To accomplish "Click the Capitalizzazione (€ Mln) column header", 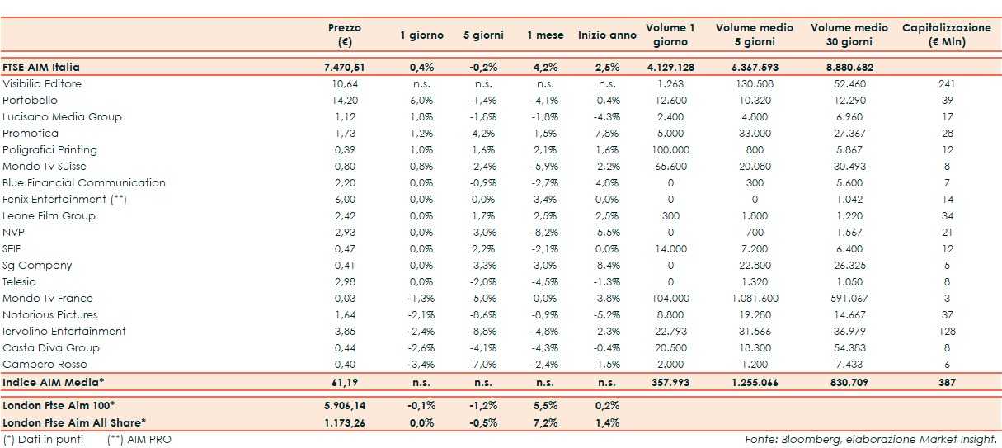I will [x=946, y=35].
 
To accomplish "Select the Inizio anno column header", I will [x=607, y=35].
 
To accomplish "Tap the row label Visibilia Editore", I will [x=42, y=83].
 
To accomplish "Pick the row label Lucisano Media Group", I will [x=62, y=116].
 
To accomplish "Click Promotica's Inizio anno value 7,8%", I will [x=607, y=133].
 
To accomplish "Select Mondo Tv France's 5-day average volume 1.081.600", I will [x=755, y=298].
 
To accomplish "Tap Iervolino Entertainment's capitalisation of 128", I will [x=946, y=331].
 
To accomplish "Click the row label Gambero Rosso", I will [x=45, y=364].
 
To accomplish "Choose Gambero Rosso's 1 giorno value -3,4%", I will [x=421, y=364].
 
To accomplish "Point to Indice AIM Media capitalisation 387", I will [x=946, y=383].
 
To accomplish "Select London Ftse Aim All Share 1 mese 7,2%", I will [x=545, y=422].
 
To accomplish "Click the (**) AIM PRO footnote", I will [x=139, y=439].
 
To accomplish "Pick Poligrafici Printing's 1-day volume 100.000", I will [x=670, y=149].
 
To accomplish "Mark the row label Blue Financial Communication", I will [x=84, y=182].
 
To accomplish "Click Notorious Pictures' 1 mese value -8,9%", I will [x=545, y=314].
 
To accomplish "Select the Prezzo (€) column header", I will [x=344, y=35].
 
